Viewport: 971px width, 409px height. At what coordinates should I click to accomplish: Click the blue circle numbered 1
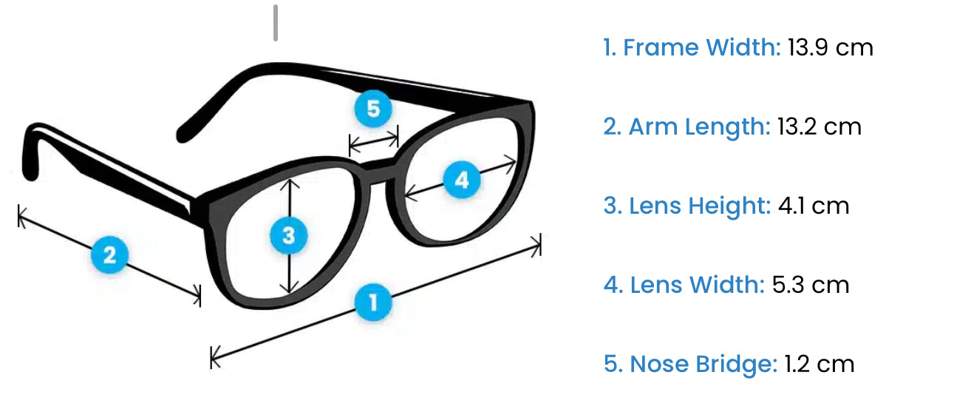point(372,302)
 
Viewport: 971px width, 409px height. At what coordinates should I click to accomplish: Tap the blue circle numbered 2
point(109,254)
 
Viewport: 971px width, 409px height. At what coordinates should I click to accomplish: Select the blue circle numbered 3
point(289,235)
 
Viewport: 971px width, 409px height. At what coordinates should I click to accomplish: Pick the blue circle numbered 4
point(462,180)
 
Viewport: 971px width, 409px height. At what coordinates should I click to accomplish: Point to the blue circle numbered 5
point(372,109)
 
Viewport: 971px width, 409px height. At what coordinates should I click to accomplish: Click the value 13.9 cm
point(830,47)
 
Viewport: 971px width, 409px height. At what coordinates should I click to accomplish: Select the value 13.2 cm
point(820,126)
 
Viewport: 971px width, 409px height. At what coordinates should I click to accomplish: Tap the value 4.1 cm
point(814,206)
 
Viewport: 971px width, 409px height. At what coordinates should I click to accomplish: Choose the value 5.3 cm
point(810,285)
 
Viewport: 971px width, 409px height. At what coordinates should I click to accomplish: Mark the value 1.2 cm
point(820,364)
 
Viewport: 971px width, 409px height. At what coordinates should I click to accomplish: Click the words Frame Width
point(701,47)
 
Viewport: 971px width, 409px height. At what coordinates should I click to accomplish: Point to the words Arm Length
point(699,127)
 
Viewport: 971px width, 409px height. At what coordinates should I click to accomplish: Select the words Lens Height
point(700,206)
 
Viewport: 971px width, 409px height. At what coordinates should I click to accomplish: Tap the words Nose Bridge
point(703,365)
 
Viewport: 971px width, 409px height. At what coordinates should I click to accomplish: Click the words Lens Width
point(697,285)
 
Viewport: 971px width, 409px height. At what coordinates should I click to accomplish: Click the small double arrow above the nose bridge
point(374,141)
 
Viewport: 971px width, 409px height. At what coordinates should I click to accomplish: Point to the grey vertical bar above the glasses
point(275,23)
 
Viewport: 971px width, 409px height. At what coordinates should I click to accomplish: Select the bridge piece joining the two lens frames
point(378,170)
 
